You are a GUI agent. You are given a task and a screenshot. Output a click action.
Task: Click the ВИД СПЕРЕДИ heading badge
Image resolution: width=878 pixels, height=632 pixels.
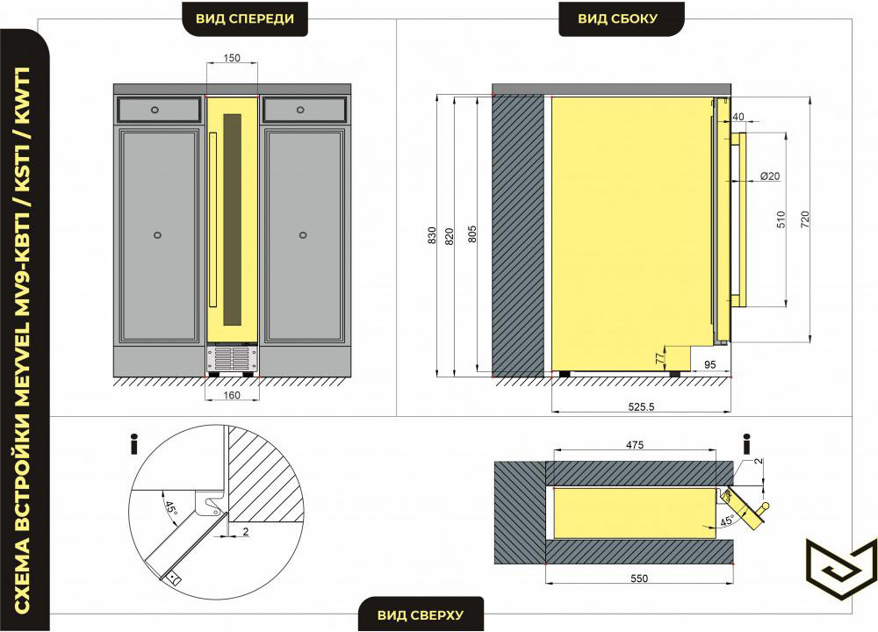245,18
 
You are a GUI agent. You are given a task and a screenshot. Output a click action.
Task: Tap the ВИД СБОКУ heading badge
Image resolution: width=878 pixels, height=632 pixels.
617,18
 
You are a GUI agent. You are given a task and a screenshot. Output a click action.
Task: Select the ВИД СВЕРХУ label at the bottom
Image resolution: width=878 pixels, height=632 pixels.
421,614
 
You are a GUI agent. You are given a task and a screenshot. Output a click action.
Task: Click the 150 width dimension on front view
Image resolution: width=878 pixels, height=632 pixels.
232,58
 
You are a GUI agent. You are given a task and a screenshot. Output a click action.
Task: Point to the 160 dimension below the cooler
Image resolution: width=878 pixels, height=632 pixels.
232,395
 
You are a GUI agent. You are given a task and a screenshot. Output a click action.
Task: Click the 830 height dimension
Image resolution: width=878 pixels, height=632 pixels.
432,235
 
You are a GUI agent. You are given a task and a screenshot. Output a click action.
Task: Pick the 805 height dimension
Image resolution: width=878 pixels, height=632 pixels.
472,234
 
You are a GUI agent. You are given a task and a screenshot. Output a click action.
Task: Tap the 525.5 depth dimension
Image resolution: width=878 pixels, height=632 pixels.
641,407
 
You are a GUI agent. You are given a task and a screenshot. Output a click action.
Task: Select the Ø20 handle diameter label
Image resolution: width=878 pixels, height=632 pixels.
770,176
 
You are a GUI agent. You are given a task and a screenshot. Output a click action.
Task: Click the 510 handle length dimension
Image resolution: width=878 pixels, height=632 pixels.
781,219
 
